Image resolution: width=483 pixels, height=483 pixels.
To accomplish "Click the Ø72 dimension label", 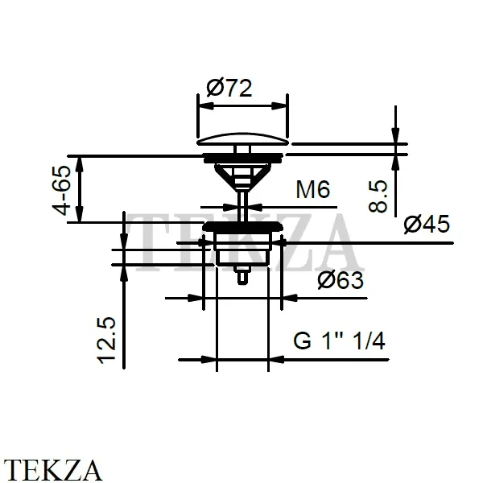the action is click(x=229, y=88).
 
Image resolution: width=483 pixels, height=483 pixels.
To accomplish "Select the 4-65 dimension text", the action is click(x=61, y=190).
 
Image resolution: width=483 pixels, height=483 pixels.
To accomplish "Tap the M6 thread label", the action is click(x=312, y=189).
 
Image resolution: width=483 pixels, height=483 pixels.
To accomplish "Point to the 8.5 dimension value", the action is click(x=378, y=196).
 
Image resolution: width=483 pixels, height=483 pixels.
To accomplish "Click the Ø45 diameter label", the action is click(x=427, y=225).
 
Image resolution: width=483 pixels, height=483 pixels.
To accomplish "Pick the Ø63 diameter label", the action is click(x=341, y=280).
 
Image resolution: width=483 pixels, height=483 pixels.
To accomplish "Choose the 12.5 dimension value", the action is click(x=106, y=341).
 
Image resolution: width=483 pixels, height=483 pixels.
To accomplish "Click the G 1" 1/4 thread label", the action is click(x=339, y=341).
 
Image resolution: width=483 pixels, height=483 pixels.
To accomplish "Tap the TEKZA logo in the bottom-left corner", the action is click(x=52, y=470).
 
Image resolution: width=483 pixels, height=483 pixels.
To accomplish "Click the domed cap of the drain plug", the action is click(x=242, y=139).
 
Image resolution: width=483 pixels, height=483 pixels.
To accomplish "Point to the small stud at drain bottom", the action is click(x=242, y=275).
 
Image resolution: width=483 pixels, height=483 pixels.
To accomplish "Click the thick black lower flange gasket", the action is click(x=243, y=226).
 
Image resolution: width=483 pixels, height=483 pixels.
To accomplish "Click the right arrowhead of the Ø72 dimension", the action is click(x=279, y=106).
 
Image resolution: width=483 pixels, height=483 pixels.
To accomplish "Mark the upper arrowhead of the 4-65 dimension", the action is click(x=80, y=165).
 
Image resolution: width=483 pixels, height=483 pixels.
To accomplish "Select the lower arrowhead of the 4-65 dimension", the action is click(x=80, y=214).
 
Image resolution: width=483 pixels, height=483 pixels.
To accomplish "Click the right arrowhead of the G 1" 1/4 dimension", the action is click(x=276, y=359).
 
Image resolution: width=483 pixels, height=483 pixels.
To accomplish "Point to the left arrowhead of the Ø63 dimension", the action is click(x=196, y=298).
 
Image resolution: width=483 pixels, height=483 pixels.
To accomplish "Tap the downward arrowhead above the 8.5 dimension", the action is click(x=395, y=135).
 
